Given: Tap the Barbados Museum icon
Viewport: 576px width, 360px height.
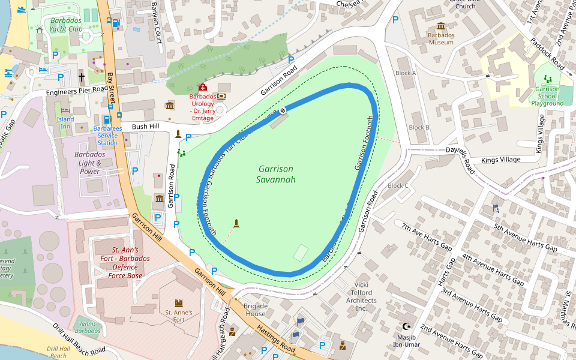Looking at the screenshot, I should (441, 26).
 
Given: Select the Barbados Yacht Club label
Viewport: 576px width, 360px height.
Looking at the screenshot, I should (65, 24).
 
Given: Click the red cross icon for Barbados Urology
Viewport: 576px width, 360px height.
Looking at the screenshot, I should (202, 88).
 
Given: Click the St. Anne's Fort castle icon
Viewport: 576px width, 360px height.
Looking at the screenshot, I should (178, 303).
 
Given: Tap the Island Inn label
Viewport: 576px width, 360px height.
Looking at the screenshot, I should (65, 123).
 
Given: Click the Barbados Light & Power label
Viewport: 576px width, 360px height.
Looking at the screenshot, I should (89, 163).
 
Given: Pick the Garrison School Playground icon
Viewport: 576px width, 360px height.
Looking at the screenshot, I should (547, 78).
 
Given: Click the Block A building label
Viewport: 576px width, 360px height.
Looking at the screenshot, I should (406, 73).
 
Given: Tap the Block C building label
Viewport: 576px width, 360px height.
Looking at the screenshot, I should (398, 185).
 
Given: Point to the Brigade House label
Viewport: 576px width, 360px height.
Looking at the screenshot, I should (255, 310).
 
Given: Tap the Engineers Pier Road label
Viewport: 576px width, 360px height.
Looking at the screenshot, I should (77, 91).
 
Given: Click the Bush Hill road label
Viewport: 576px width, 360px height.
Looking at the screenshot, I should (145, 127).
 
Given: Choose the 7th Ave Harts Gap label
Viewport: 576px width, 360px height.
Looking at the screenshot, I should (427, 236).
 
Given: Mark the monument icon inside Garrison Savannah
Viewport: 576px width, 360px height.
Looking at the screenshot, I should (236, 223).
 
